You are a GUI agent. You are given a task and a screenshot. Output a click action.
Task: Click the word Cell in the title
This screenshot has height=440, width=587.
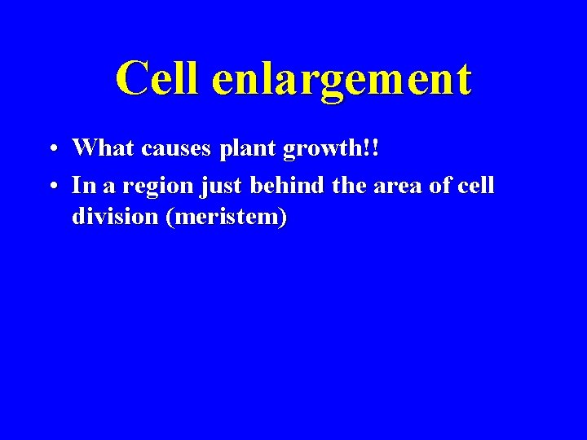(x=156, y=79)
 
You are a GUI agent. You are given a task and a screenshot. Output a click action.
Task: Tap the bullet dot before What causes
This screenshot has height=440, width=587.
(x=51, y=149)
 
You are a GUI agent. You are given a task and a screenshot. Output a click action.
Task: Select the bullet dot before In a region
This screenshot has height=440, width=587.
(x=51, y=187)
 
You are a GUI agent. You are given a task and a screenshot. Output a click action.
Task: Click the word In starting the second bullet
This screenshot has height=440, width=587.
(x=81, y=186)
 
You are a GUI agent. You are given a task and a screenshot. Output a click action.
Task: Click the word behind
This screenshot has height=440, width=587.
(x=288, y=186)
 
